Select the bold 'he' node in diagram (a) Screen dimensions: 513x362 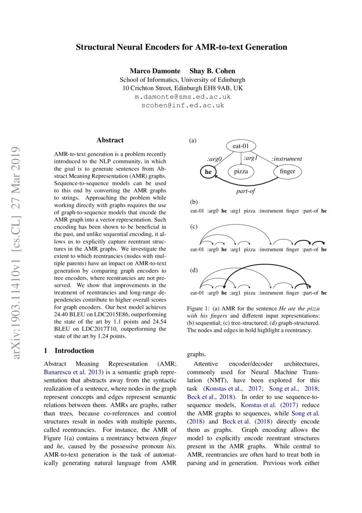pyautogui.click(x=208, y=172)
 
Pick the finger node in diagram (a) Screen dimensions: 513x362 pyautogui.click(x=287, y=172)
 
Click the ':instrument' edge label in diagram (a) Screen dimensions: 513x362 pyautogui.click(x=287, y=159)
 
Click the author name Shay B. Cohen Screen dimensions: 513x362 pyautogui.click(x=212, y=71)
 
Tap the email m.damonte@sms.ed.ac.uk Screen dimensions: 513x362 pyautogui.click(x=182, y=97)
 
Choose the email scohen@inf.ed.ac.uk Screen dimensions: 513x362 pyautogui.click(x=182, y=105)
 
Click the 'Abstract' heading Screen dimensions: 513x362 pyautogui.click(x=110, y=140)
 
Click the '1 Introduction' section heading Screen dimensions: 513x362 pyautogui.click(x=69, y=351)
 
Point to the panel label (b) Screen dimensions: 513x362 pyautogui.click(x=193, y=203)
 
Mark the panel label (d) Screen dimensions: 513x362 pyautogui.click(x=193, y=270)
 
